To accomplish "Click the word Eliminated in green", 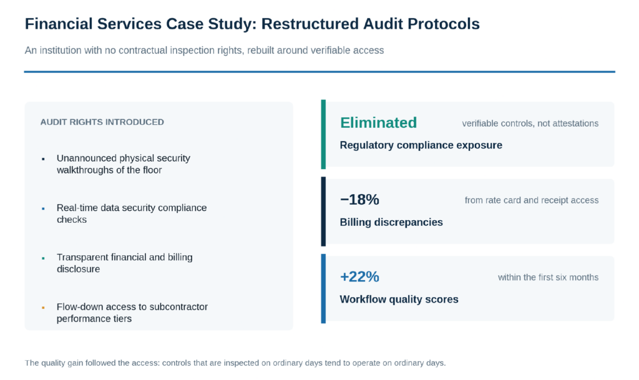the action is [378, 122].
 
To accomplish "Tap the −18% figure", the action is [359, 200].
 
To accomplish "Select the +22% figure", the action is [359, 276].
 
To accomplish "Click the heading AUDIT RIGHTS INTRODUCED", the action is [102, 122].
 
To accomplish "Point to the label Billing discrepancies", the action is [391, 222].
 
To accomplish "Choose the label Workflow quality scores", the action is [399, 300].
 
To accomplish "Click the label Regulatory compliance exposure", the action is [421, 145].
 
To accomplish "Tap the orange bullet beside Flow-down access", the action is [43, 308].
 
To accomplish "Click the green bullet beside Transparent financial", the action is [43, 258].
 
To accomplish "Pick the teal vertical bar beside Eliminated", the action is [323, 134].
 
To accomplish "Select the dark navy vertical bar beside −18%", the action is [323, 212].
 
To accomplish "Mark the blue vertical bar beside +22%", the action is [323, 288].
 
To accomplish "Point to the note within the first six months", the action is [548, 278].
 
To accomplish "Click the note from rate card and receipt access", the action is [532, 200].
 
